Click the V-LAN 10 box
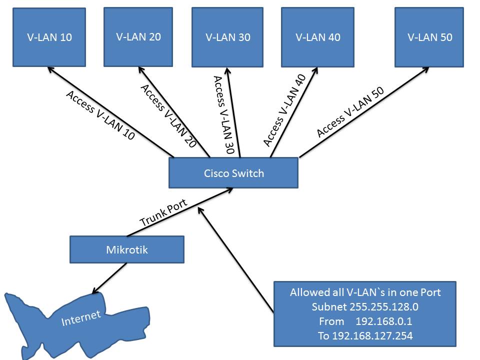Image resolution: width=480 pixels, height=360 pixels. point(48,37)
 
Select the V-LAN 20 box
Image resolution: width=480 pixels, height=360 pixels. point(138,36)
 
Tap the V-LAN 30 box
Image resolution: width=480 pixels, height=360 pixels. point(227,37)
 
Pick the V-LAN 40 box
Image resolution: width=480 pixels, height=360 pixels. point(318,37)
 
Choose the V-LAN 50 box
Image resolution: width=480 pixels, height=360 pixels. point(429,37)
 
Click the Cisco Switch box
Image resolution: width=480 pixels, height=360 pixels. point(233,173)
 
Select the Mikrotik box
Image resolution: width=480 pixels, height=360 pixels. point(127,249)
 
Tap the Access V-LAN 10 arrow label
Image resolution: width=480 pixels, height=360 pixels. point(100,115)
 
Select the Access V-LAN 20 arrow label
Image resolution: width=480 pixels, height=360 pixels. point(168,115)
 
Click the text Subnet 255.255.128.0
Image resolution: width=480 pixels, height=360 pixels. point(365,306)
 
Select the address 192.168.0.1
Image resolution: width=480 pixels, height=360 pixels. point(383,321)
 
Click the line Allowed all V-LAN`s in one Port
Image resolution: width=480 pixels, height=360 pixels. point(365,292)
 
